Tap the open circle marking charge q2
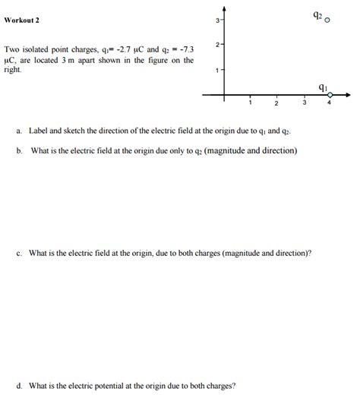[x=327, y=20]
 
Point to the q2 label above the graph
[x=317, y=15]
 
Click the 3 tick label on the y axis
[x=217, y=20]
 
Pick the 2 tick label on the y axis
[x=217, y=45]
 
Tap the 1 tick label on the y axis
[x=217, y=71]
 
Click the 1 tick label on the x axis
[x=250, y=104]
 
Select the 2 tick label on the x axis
[x=276, y=104]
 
